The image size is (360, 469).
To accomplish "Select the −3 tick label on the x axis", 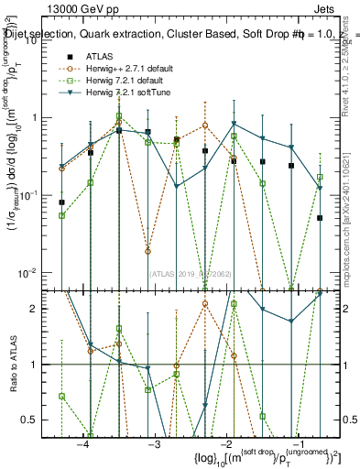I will click(154, 442).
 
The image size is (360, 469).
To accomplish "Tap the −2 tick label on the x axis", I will click(225, 442).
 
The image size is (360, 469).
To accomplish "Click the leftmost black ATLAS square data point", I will click(61, 202).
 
